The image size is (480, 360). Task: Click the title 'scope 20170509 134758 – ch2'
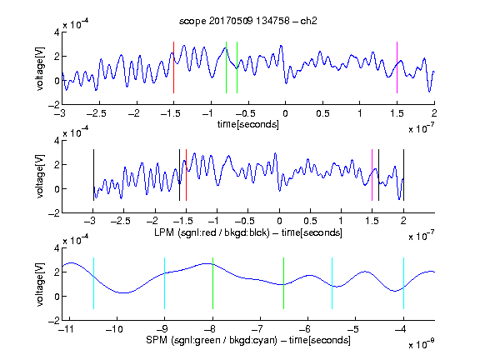tap(248, 21)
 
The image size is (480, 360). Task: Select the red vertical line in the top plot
tap(173, 67)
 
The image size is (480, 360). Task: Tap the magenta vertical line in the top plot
tap(397, 67)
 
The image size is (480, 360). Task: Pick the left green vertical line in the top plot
tap(226, 67)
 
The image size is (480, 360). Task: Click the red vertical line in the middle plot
tap(186, 175)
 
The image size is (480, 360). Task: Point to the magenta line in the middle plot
tap(372, 175)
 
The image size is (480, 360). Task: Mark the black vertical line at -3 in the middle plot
tap(93, 175)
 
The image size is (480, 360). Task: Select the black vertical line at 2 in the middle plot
tap(404, 175)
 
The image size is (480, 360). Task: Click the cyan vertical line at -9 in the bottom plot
tap(165, 283)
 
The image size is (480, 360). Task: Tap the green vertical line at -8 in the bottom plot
tap(212, 283)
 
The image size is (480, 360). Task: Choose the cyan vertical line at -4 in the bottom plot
tap(404, 283)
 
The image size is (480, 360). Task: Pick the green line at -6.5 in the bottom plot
tap(284, 283)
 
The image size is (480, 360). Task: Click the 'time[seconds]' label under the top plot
tap(248, 125)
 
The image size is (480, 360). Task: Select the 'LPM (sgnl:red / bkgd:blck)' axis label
tap(212, 232)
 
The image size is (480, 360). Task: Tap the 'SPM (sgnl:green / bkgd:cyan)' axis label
tap(212, 340)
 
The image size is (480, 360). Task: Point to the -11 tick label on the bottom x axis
tap(67, 329)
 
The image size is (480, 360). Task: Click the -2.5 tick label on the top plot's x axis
tap(97, 113)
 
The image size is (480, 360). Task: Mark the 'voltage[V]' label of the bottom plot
tap(40, 284)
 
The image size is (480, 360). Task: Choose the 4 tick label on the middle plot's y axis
tap(57, 141)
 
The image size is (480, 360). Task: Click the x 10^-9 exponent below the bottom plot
tap(422, 344)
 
